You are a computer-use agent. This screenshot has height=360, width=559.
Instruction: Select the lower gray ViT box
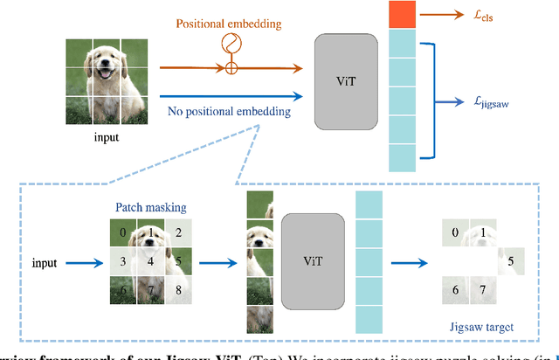[311, 260]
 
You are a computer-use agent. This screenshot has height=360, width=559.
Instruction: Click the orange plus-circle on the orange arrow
[231, 67]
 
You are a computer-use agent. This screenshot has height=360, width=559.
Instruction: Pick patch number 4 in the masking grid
[150, 261]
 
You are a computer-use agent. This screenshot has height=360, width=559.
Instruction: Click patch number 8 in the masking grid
[177, 289]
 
